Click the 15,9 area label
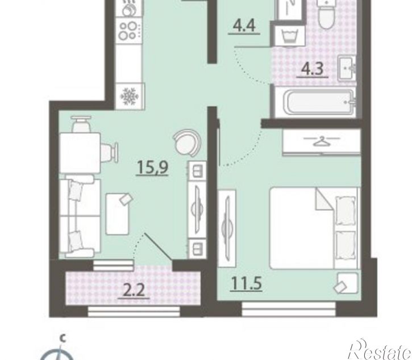tap(152, 168)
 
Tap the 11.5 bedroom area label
tap(246, 283)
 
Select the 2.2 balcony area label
tap(134, 291)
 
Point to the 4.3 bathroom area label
tap(313, 70)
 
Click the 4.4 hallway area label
tap(244, 26)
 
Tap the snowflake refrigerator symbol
tap(130, 96)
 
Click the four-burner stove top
tap(129, 30)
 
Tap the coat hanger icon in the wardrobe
tap(321, 141)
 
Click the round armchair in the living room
tap(187, 143)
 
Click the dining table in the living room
tap(80, 153)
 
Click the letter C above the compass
tap(63, 338)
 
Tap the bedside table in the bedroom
tap(347, 283)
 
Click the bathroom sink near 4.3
tap(347, 68)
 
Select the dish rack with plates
tap(129, 8)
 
